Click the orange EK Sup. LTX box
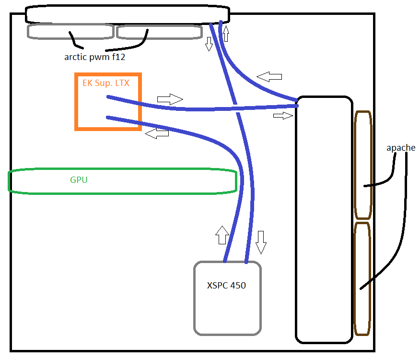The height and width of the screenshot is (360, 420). [x=108, y=102]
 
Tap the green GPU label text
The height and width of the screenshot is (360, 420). [x=79, y=180]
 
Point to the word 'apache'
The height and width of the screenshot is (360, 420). [x=401, y=148]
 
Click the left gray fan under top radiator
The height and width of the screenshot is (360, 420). [x=70, y=32]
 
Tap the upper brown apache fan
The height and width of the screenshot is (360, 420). [x=363, y=165]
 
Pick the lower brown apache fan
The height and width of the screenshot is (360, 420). [x=362, y=278]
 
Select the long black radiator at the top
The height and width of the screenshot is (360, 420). [x=127, y=14]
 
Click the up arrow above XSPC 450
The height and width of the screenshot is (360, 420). [x=222, y=235]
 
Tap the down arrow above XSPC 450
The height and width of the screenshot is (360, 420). [x=261, y=241]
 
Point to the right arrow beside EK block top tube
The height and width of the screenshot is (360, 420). [x=170, y=99]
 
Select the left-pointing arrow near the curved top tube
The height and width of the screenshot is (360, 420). [x=269, y=76]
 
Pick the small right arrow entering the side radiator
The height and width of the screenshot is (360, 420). [x=283, y=116]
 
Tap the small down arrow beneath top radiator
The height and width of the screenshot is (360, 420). [x=209, y=44]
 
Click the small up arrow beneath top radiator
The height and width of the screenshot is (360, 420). [x=226, y=34]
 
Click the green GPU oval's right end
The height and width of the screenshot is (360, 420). [x=234, y=181]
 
